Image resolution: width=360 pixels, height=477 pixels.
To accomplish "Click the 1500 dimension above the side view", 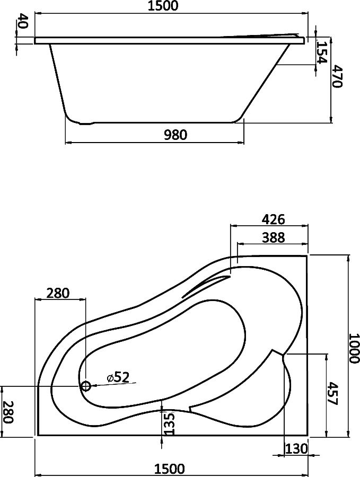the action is pyautogui.click(x=162, y=6).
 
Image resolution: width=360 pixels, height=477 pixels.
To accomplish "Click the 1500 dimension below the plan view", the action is pyautogui.click(x=169, y=469).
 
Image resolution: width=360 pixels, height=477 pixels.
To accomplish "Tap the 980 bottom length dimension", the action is pyautogui.click(x=175, y=135).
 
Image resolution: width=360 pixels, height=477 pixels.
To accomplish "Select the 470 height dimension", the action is pyautogui.click(x=337, y=76).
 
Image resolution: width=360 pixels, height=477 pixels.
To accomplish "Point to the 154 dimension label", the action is pyautogui.click(x=321, y=52).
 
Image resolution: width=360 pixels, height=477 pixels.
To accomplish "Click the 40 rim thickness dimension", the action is pyautogui.click(x=22, y=21).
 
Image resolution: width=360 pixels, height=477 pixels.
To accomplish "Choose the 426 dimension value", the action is pyautogui.click(x=273, y=219).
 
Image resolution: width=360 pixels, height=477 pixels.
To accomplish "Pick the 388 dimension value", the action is pyautogui.click(x=273, y=237).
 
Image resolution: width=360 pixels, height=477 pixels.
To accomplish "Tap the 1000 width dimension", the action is pyautogui.click(x=354, y=348).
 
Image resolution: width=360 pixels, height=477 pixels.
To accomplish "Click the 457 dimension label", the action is pyautogui.click(x=332, y=394).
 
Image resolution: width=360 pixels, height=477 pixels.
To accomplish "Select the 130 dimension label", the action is pyautogui.click(x=296, y=449).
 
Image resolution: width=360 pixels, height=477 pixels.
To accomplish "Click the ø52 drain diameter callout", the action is pyautogui.click(x=118, y=378).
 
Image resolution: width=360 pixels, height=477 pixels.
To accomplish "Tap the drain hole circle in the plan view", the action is pyautogui.click(x=85, y=386).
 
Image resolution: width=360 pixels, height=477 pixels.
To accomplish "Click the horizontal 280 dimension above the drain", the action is pyautogui.click(x=58, y=293).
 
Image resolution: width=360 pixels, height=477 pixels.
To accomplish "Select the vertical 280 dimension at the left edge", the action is pyautogui.click(x=8, y=412).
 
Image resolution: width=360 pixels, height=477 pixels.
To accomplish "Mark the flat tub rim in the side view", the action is pyautogui.click(x=170, y=41).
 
